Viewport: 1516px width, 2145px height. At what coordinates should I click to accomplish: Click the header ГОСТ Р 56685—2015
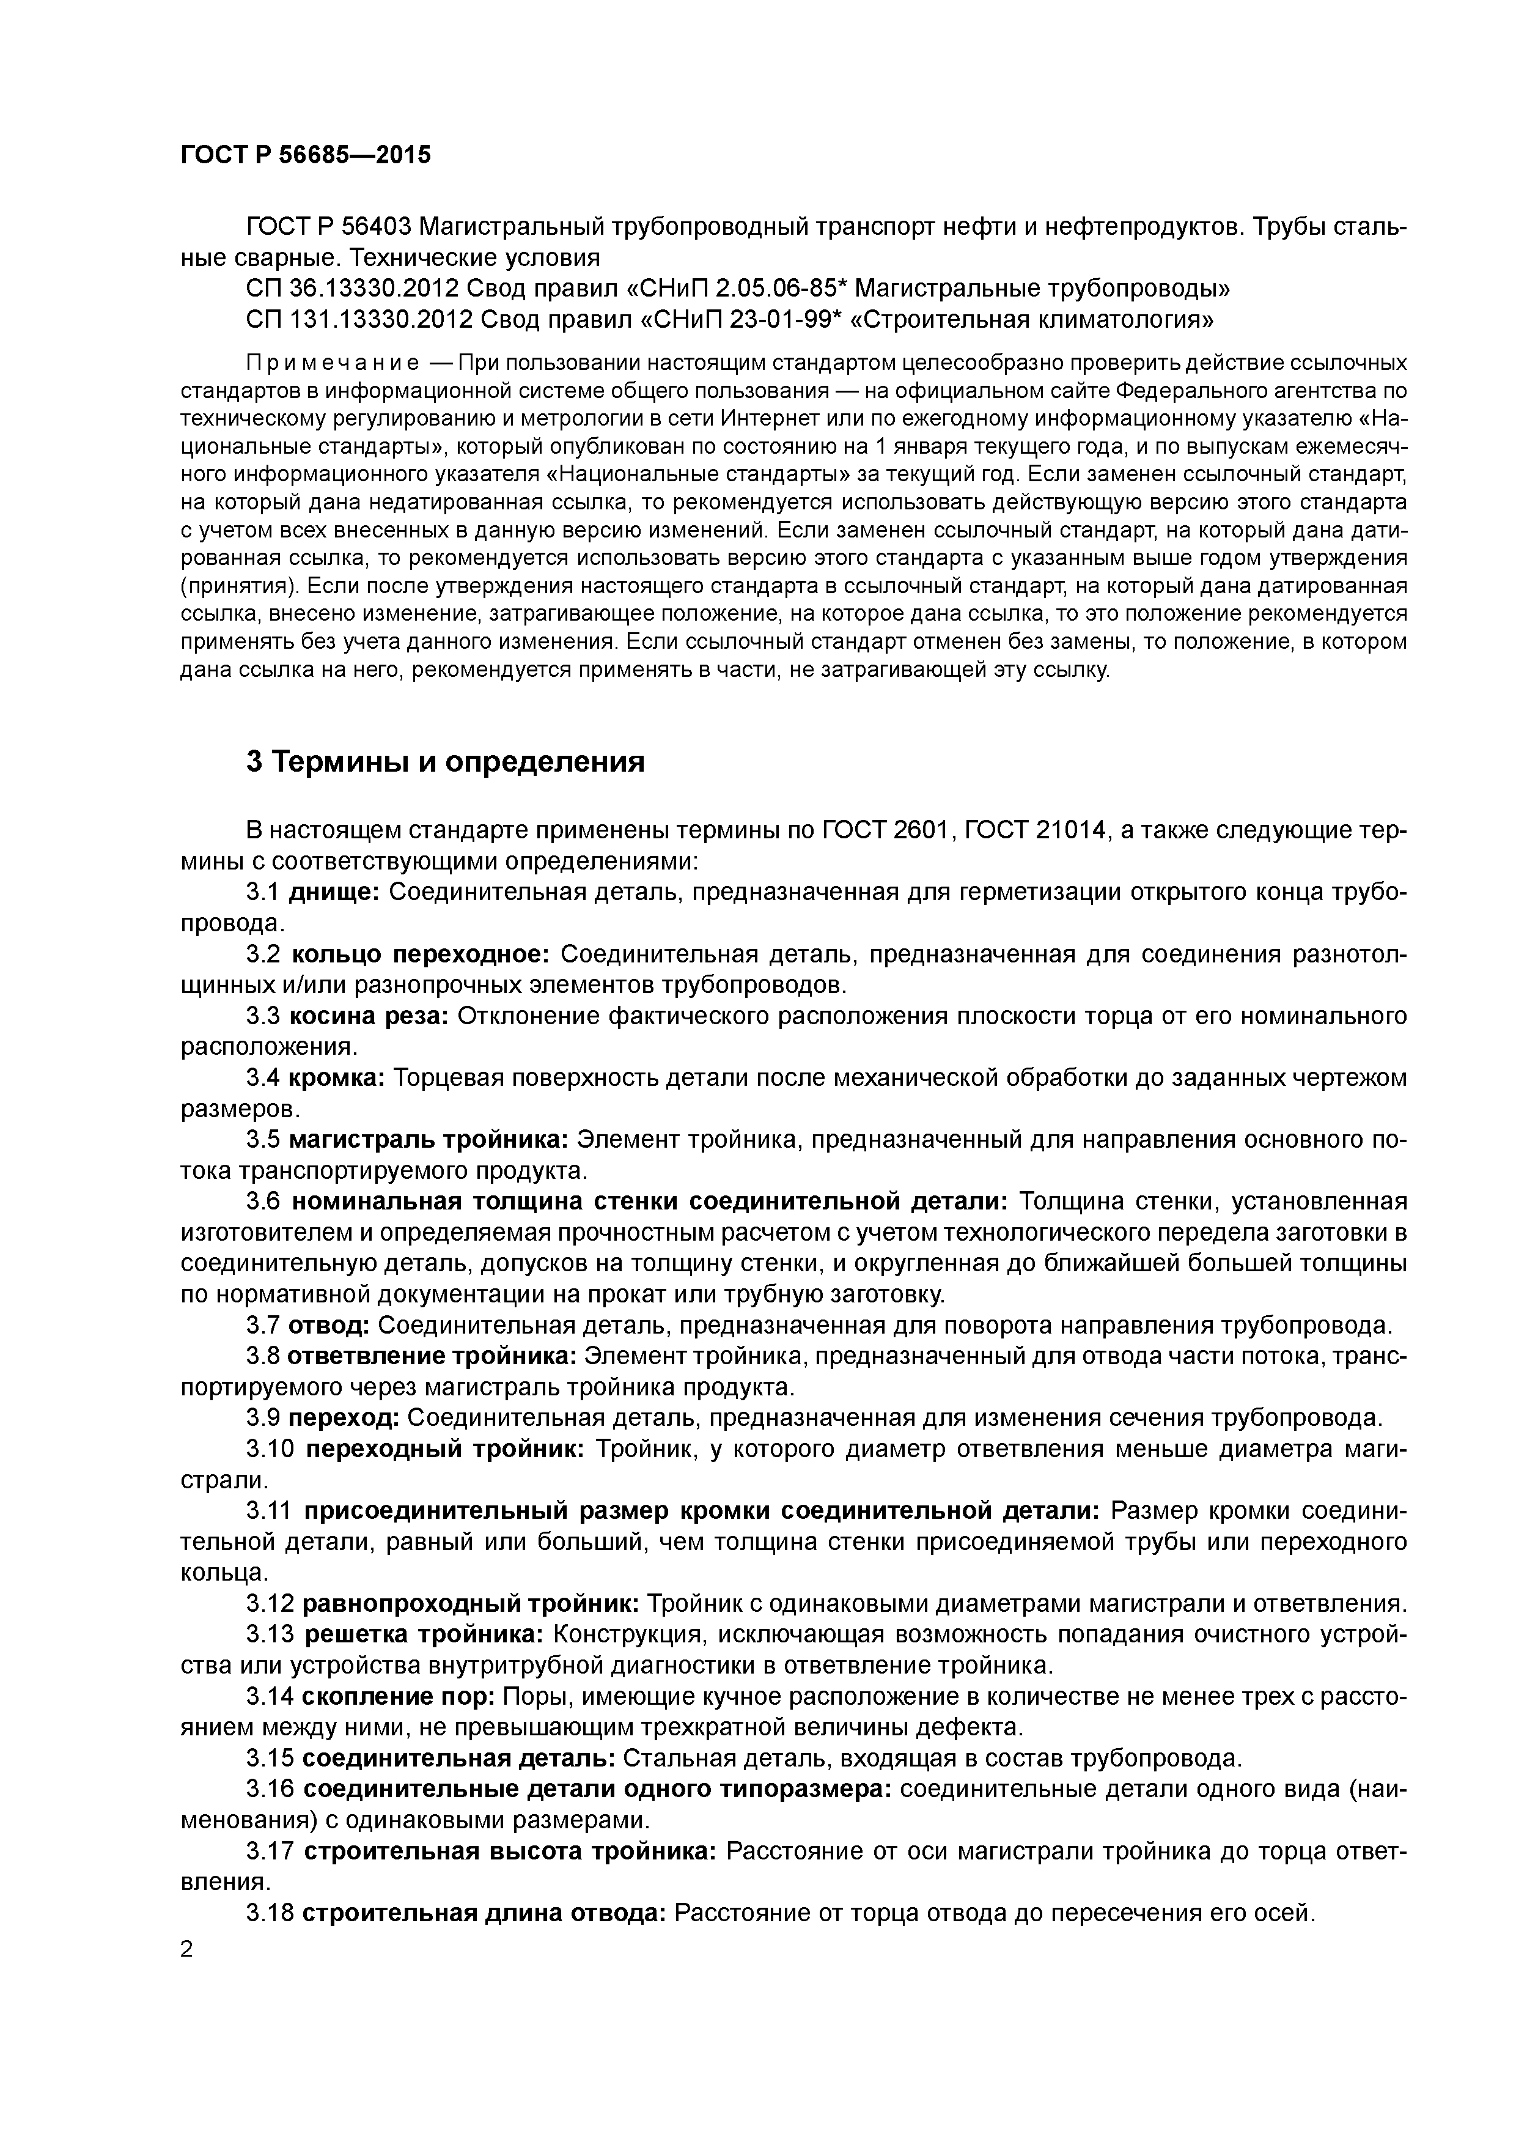coord(306,155)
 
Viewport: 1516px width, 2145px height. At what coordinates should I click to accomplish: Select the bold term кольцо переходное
coord(419,954)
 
